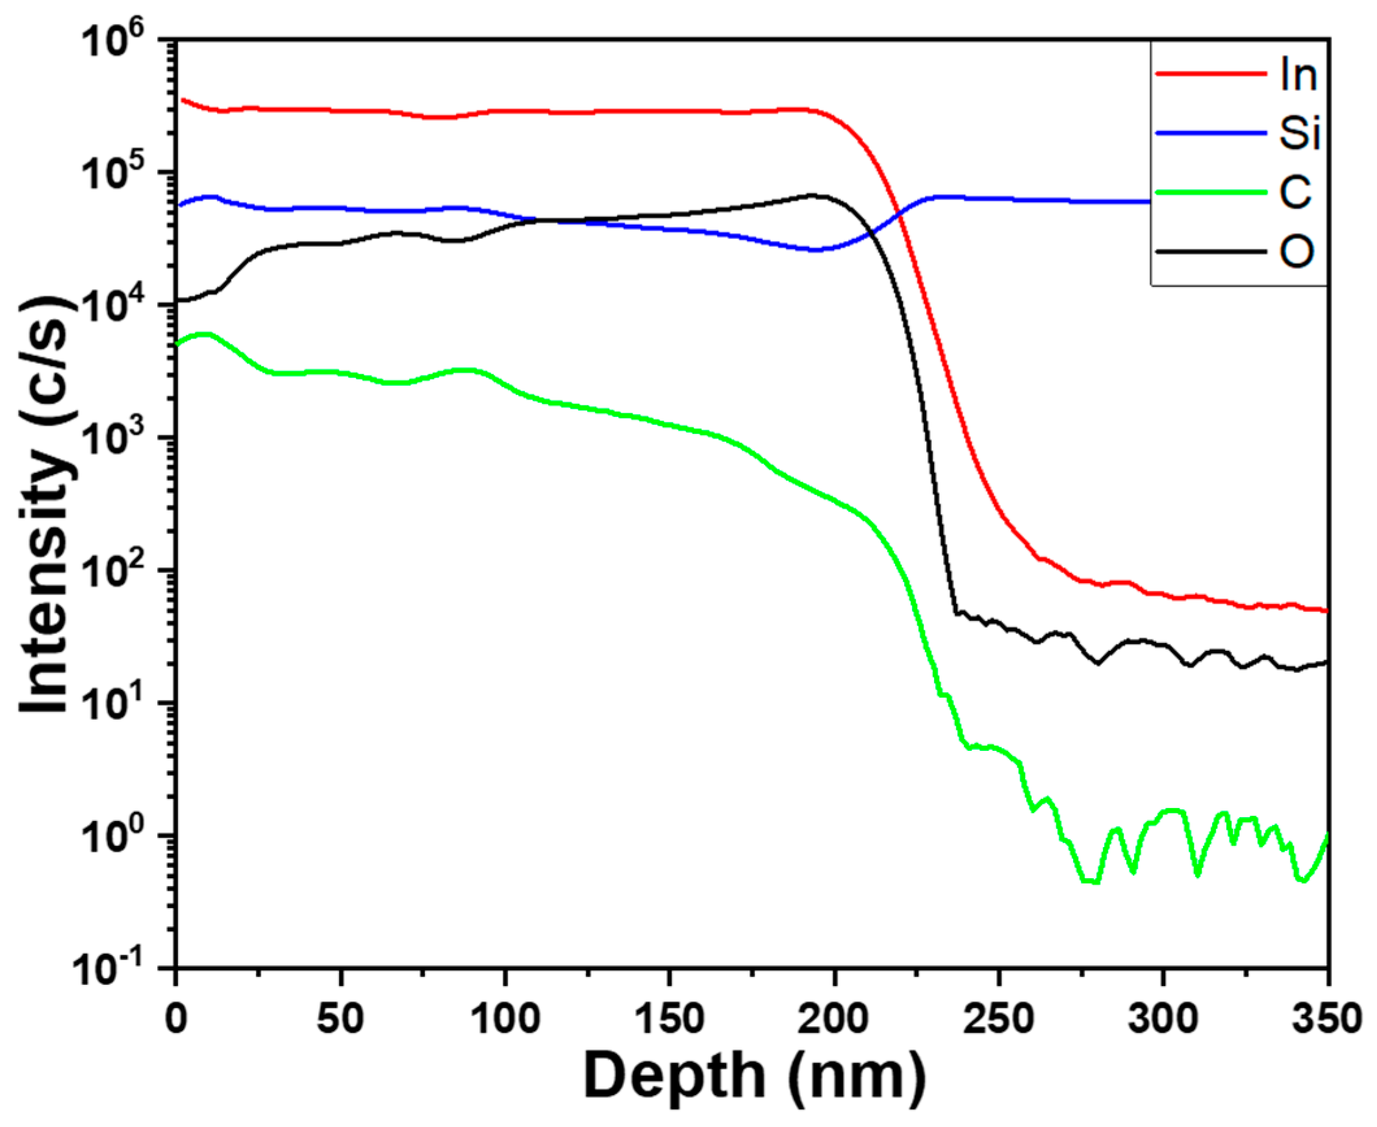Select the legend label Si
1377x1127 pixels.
pyautogui.click(x=1298, y=134)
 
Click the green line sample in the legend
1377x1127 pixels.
pyautogui.click(x=1211, y=192)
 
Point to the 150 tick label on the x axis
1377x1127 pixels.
pyautogui.click(x=668, y=1019)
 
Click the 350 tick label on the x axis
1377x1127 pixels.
pyautogui.click(x=1325, y=1019)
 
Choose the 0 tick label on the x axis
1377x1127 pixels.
pyautogui.click(x=176, y=1019)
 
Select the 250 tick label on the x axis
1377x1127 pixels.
pyautogui.click(x=998, y=1019)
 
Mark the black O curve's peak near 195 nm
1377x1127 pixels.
pyautogui.click(x=813, y=195)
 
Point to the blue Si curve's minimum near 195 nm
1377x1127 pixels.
pyautogui.click(x=815, y=249)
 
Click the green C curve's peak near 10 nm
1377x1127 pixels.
pyautogui.click(x=204, y=335)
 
